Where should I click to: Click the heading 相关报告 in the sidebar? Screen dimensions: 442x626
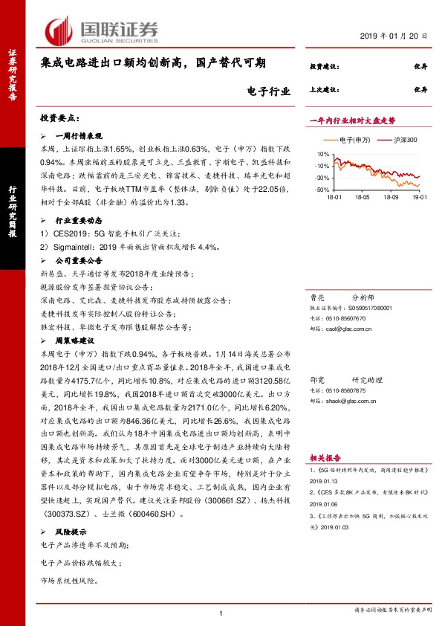[x=325, y=439]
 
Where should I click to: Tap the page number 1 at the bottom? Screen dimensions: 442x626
[x=221, y=612]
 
